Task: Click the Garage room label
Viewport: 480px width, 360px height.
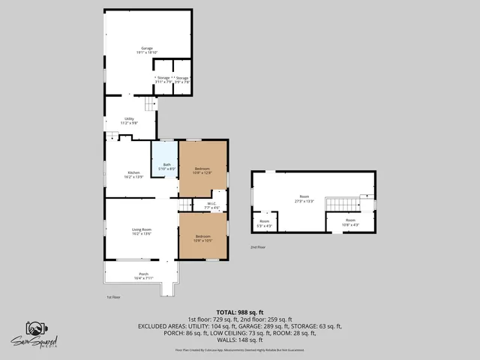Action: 147,49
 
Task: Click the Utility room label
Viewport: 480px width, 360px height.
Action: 129,120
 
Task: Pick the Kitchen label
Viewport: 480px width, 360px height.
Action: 133,174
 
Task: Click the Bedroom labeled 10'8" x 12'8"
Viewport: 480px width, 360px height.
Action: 202,170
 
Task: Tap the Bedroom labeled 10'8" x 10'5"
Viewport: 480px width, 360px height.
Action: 202,238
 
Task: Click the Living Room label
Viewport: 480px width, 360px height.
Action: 142,231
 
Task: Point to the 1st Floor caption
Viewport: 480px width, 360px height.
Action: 113,297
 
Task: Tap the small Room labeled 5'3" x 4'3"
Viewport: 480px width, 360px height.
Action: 265,223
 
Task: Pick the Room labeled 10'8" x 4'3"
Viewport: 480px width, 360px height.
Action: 350,222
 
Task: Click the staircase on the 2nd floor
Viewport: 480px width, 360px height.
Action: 341,204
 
